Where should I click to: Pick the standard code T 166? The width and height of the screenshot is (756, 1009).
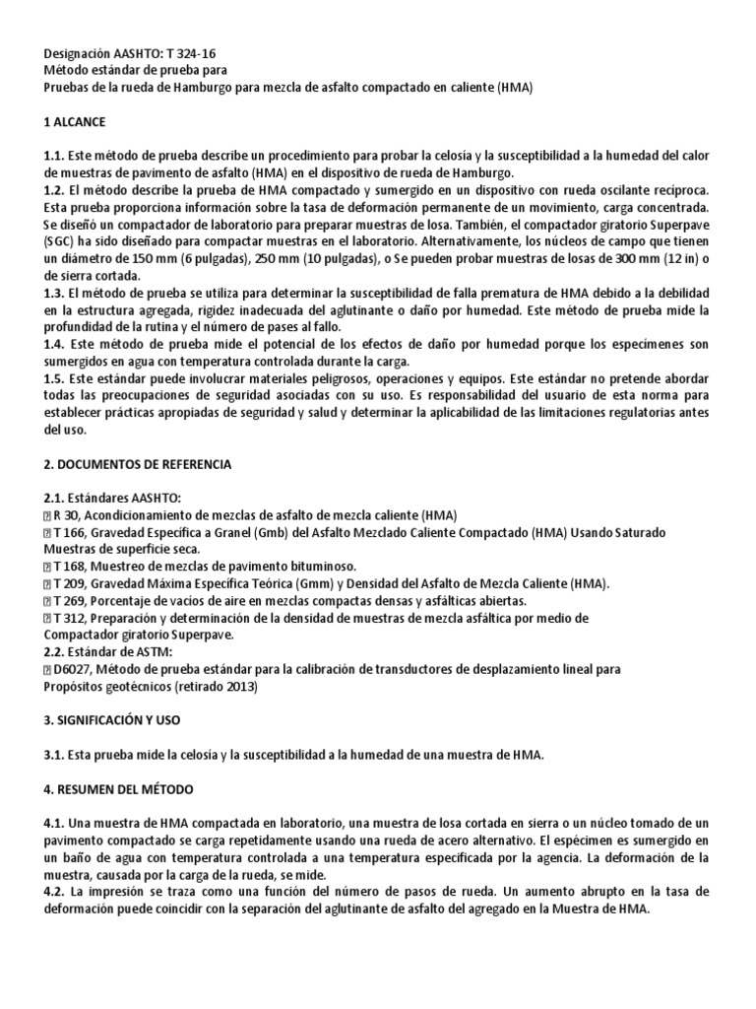(x=71, y=532)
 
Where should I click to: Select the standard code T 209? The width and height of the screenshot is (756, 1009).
(x=71, y=583)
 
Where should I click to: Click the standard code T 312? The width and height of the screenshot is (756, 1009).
(x=71, y=618)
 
